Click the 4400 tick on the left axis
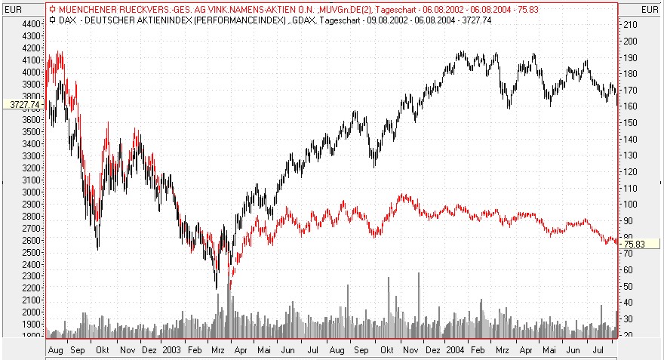[29, 23]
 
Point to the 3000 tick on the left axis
[29, 192]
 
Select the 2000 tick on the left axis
[29, 312]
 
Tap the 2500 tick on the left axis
[29, 252]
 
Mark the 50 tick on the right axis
[629, 285]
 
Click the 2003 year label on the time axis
[172, 351]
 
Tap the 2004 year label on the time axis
[454, 351]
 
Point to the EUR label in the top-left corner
[14, 9]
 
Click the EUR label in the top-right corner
[650, 9]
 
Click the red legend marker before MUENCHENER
[52, 9]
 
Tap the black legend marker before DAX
[52, 20]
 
